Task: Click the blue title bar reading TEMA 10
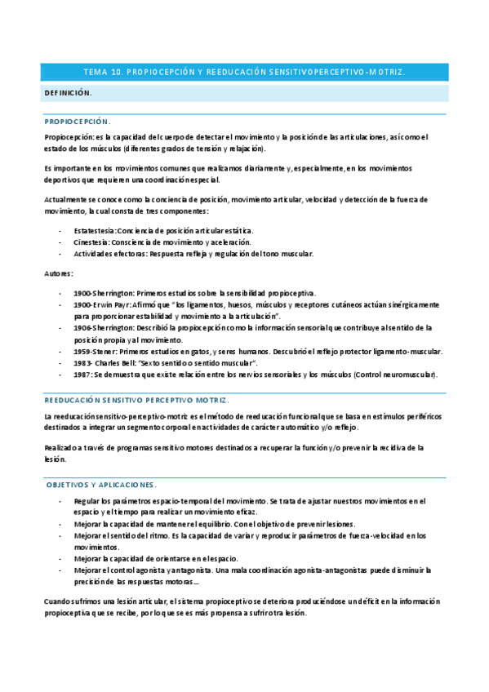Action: click(x=244, y=73)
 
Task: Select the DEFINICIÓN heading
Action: click(x=68, y=93)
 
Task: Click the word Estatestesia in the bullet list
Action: click(x=94, y=230)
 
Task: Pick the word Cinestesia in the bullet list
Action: click(x=92, y=242)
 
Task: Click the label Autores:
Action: click(x=59, y=273)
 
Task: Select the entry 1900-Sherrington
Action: click(x=103, y=293)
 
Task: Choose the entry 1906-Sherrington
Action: click(x=103, y=327)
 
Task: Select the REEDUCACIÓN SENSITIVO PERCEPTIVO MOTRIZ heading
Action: click(x=137, y=400)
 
